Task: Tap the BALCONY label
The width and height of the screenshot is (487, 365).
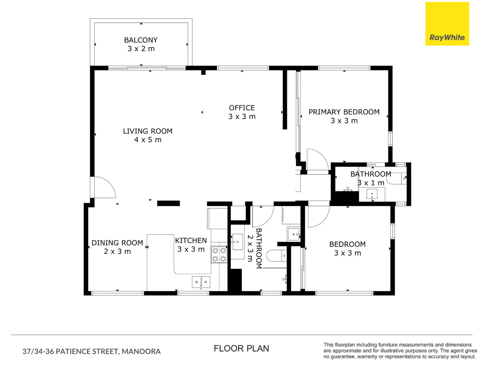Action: pos(141,40)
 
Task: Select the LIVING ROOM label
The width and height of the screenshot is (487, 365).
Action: pos(147,131)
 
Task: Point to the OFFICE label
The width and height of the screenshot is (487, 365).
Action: pos(242,108)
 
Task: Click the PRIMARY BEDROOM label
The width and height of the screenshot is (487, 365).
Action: pos(344,112)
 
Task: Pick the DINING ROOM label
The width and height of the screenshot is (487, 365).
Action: pos(117,243)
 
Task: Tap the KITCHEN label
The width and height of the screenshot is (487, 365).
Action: pos(191,241)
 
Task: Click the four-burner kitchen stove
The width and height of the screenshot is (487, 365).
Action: pos(219,254)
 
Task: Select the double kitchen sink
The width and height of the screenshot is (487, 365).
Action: pos(201,282)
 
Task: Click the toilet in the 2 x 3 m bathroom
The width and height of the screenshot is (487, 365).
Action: pos(276,256)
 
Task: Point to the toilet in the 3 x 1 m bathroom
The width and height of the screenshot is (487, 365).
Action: pos(396,178)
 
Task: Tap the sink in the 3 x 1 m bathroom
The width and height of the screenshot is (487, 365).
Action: pos(372,194)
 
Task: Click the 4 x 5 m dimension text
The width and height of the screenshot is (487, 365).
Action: pos(148,140)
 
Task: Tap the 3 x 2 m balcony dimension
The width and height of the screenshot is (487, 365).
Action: pos(141,49)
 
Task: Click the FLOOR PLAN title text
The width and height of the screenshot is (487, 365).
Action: pos(241,348)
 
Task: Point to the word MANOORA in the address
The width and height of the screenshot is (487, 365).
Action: pos(141,351)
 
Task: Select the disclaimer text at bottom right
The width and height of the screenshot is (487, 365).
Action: pos(400,350)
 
